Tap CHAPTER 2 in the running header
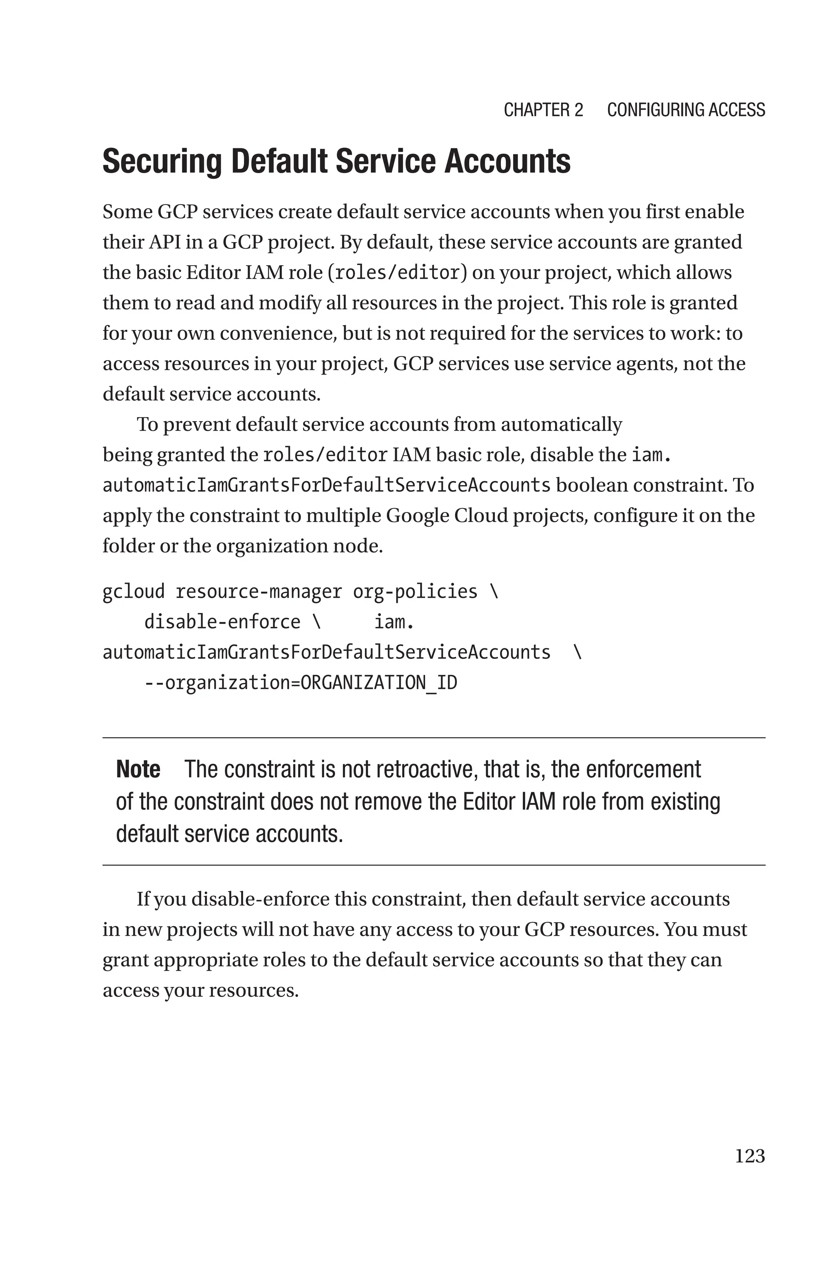coord(543,110)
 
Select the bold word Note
coord(138,770)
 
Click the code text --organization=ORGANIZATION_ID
coord(301,682)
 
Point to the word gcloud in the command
coord(134,592)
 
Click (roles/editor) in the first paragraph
coord(397,273)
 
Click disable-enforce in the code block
coord(222,622)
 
